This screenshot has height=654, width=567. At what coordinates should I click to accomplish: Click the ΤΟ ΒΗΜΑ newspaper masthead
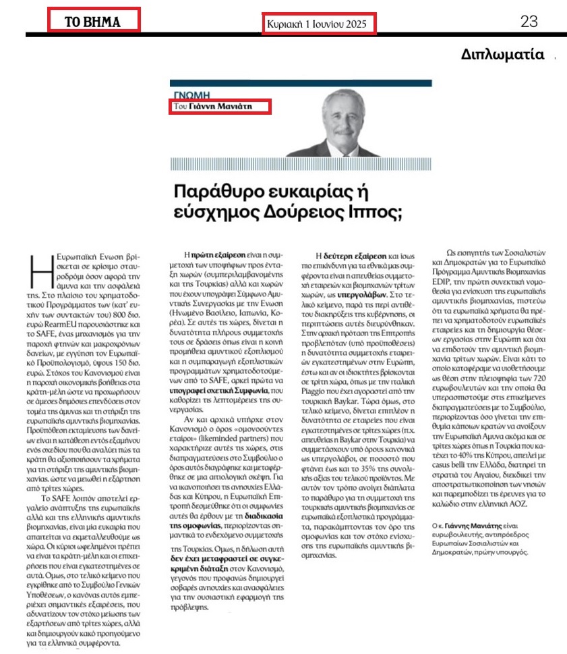point(92,21)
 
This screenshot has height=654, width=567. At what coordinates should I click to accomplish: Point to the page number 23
point(529,22)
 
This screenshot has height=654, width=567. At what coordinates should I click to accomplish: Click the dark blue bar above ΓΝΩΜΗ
point(300,83)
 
